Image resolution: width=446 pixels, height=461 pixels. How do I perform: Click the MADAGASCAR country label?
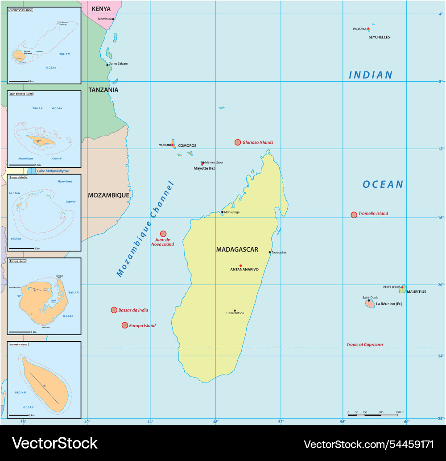(x=237, y=249)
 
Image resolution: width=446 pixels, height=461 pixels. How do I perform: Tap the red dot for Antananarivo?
(x=241, y=266)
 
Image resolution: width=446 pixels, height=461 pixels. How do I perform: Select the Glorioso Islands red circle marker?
(x=238, y=142)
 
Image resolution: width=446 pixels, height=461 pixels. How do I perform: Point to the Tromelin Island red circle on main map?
(x=354, y=215)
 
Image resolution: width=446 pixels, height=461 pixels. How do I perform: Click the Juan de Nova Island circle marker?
(x=163, y=233)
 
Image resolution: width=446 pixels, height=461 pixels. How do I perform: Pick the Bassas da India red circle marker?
(x=114, y=310)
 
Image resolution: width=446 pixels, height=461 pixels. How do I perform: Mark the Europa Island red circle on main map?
(x=125, y=325)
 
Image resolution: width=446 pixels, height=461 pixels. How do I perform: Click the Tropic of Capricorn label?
(x=364, y=345)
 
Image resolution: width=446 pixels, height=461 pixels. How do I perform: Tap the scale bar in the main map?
(x=372, y=415)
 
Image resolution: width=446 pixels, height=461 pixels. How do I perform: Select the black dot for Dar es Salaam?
(x=107, y=65)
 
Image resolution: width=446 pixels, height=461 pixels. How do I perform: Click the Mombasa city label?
(x=105, y=19)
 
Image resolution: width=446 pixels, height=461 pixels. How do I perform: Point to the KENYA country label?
(x=101, y=9)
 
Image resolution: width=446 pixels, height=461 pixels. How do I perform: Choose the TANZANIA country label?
(x=103, y=90)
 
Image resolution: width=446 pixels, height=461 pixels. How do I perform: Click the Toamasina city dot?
(x=270, y=252)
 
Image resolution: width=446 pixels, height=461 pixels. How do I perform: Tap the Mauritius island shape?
(x=403, y=289)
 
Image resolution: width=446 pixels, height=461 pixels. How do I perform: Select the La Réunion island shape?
(x=370, y=304)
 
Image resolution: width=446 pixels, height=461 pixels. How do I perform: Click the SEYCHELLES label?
(x=379, y=37)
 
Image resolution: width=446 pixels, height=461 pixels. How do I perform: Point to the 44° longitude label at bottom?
(x=150, y=421)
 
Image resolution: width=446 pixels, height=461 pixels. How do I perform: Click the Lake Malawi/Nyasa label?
(x=53, y=171)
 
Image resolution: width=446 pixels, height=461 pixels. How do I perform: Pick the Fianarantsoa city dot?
(x=235, y=311)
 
